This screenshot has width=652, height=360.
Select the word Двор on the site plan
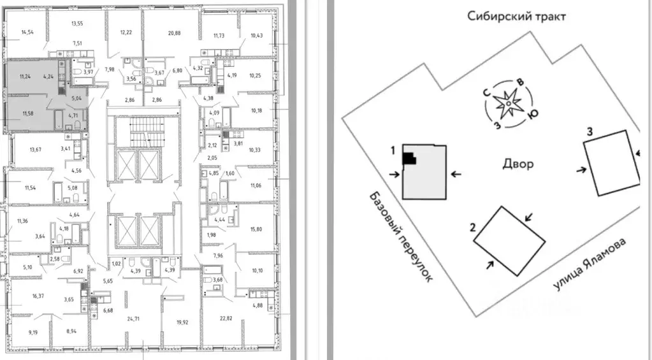pos(517,164)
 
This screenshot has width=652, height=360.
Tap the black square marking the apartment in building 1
pos(409,158)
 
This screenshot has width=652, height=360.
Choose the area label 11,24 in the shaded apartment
pos(25,76)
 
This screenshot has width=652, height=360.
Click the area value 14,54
pos(27,32)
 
